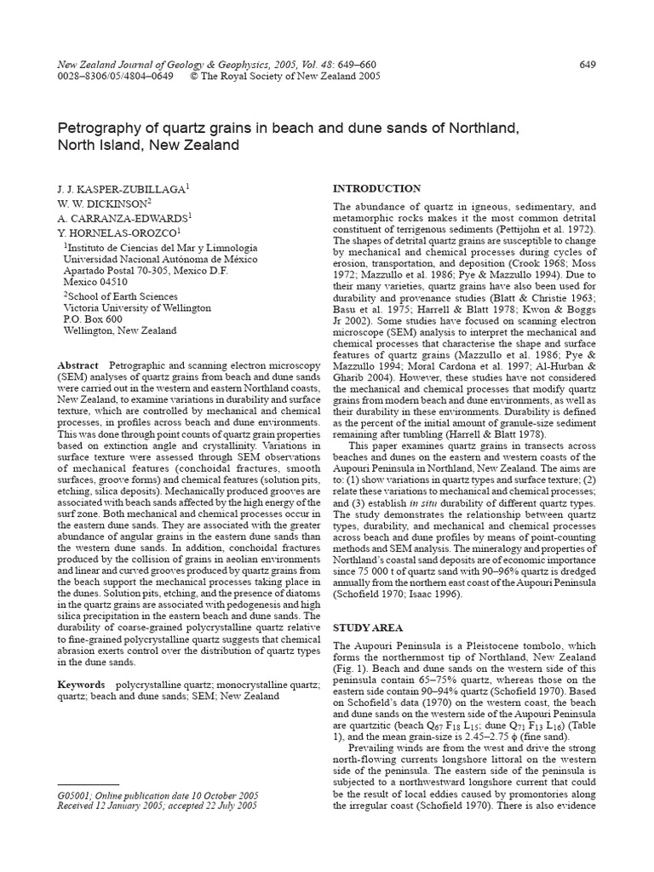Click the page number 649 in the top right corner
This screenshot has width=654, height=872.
[586, 65]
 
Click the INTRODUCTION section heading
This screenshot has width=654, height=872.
[376, 188]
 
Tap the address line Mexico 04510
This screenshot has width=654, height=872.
[95, 282]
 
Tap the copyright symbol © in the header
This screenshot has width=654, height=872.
[195, 77]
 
